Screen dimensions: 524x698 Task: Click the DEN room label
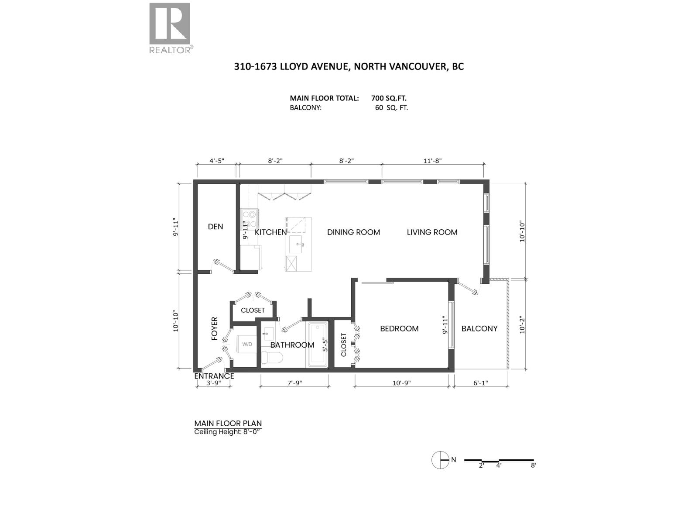point(215,226)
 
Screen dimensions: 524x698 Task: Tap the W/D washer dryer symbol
point(247,345)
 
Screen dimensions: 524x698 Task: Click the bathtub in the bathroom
point(317,345)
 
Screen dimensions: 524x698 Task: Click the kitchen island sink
point(300,245)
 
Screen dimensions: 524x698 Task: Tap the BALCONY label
point(479,328)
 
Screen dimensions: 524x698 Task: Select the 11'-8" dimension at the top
point(432,160)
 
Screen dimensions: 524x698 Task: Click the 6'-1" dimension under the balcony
point(480,383)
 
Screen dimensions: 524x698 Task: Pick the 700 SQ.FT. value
point(389,98)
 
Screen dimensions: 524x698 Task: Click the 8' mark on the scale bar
point(533,465)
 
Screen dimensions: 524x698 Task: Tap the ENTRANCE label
point(214,376)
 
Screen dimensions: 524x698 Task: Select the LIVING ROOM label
point(432,232)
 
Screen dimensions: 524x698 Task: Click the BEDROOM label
point(399,328)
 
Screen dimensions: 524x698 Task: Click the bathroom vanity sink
point(267,334)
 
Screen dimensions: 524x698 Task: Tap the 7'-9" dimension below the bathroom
point(294,383)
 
